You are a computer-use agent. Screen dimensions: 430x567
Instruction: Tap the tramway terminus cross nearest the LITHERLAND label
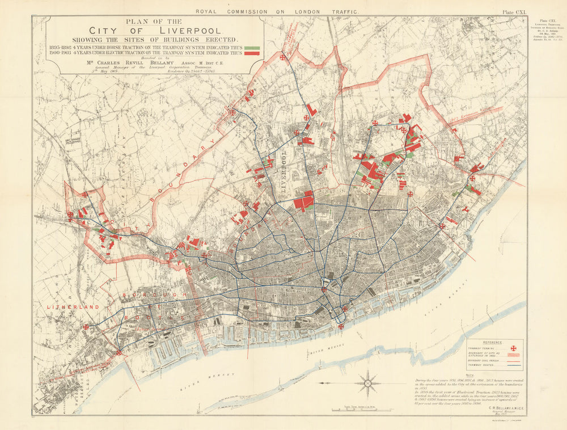click(x=86, y=326)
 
